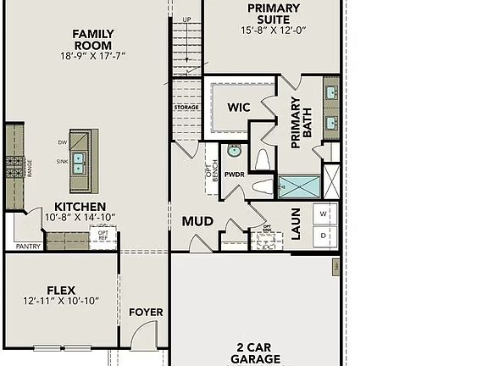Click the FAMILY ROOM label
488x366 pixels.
point(93,40)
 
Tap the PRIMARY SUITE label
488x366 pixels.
point(273,14)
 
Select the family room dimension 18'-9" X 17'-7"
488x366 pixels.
point(93,57)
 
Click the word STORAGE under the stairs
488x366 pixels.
point(186,108)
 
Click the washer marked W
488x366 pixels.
point(324,213)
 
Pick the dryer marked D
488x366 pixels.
point(324,235)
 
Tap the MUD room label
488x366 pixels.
point(197,222)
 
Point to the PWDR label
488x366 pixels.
point(234,175)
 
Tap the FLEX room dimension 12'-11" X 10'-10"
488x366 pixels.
point(61,301)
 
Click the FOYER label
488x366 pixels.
point(146,313)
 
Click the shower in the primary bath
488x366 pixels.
point(300,186)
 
